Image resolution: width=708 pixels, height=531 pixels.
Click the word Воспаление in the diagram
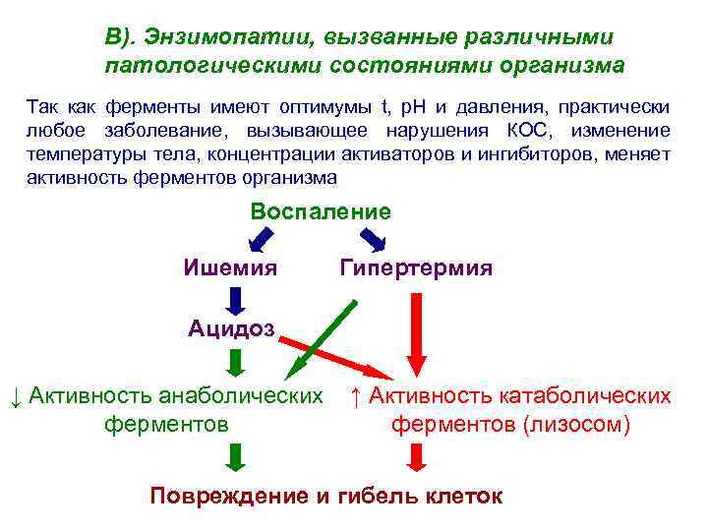320,212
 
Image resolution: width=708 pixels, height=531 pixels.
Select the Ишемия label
230,267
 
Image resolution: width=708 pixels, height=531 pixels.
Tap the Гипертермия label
416,267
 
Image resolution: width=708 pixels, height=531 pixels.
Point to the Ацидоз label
232,328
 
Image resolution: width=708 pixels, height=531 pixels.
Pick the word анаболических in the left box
246,396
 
